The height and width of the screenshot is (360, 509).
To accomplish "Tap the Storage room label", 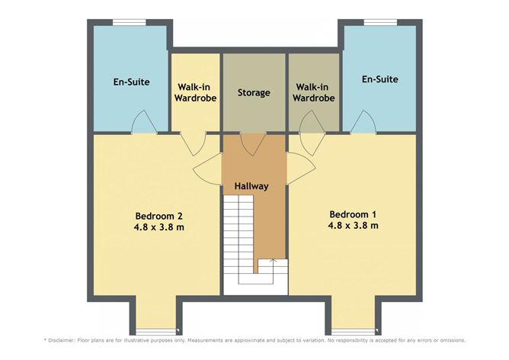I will [x=254, y=93].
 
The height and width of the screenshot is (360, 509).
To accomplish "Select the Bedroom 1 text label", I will [x=354, y=214].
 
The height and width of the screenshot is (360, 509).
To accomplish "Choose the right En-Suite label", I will [x=380, y=79].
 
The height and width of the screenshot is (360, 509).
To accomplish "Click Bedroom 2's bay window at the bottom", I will [x=158, y=329].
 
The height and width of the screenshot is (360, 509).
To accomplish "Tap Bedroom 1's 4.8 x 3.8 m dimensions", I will [x=354, y=226].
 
